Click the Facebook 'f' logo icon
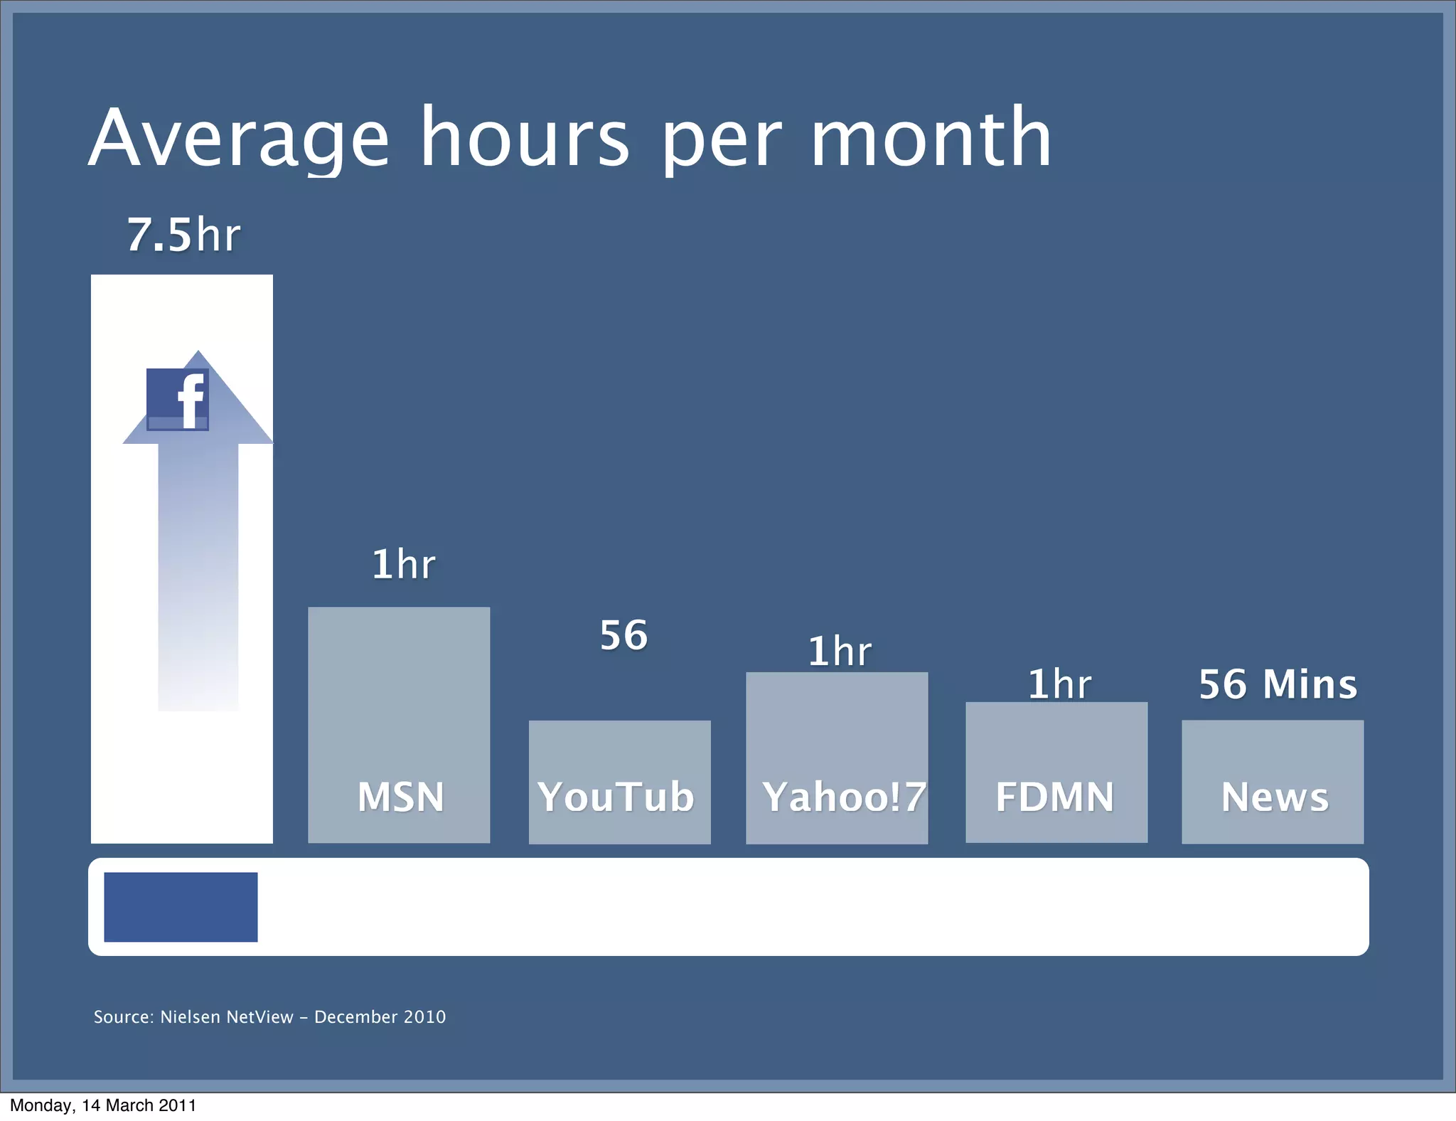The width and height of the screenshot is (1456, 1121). point(178,399)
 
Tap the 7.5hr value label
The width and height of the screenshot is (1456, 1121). point(183,235)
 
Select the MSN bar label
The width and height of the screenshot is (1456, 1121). point(401,797)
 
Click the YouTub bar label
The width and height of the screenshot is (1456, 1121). point(616,797)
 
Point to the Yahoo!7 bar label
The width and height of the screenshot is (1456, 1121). point(844,797)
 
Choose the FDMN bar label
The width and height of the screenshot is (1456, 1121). point(1055,797)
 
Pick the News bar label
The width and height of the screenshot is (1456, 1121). point(1275,797)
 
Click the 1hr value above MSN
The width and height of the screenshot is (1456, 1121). point(403,565)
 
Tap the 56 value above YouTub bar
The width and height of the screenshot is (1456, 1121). point(623,635)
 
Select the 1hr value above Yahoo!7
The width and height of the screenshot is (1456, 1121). point(840,652)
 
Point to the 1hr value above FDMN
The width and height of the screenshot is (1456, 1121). point(1059,684)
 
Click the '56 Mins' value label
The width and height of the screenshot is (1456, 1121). point(1278,684)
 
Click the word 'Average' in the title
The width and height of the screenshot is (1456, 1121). point(239,138)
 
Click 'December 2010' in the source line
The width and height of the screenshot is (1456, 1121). point(380,1017)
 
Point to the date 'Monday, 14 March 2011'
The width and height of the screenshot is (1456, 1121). point(103,1105)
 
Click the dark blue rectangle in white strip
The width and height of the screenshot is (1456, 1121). point(181,907)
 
